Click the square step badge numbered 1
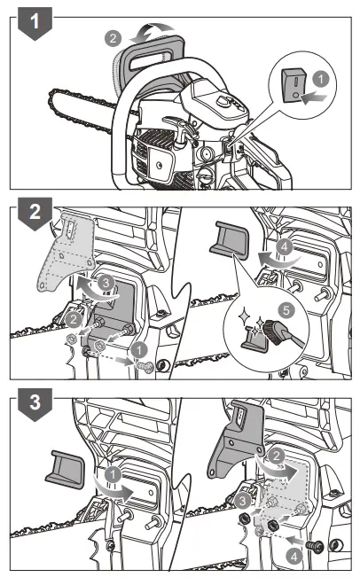pyautogui.click(x=34, y=25)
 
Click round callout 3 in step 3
pyautogui.click(x=241, y=501)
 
